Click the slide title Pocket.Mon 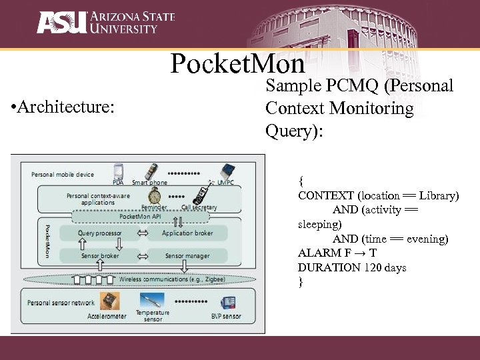[x=237, y=64]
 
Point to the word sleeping [x=319, y=225]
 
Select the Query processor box [x=99, y=233]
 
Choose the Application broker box [x=187, y=233]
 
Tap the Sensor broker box [x=100, y=256]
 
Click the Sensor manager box [x=187, y=256]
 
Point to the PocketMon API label [x=139, y=217]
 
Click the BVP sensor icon [x=229, y=303]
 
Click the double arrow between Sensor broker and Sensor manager [x=143, y=256]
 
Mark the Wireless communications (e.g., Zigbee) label [x=172, y=279]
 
